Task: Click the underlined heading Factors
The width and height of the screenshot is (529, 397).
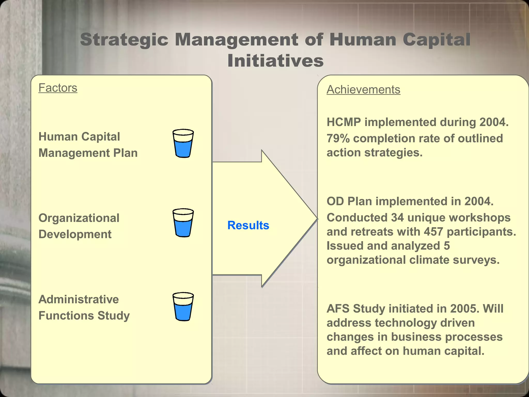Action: tap(58, 88)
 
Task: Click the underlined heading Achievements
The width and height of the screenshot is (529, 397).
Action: tap(363, 90)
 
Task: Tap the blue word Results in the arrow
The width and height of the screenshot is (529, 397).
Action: tap(248, 225)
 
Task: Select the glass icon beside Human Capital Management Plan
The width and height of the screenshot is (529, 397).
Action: tap(183, 143)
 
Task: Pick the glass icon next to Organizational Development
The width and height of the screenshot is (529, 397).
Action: tap(183, 223)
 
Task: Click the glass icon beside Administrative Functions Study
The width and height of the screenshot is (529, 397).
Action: tap(183, 307)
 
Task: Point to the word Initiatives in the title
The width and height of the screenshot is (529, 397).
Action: tap(275, 61)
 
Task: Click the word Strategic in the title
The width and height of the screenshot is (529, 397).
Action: tap(124, 40)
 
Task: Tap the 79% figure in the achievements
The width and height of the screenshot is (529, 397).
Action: tap(338, 138)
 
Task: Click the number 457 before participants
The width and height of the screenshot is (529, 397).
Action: tap(433, 232)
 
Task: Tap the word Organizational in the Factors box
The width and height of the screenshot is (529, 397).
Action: tap(79, 218)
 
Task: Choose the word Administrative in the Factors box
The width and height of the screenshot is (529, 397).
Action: tap(79, 299)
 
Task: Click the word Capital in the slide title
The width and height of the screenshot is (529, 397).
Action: tap(436, 40)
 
